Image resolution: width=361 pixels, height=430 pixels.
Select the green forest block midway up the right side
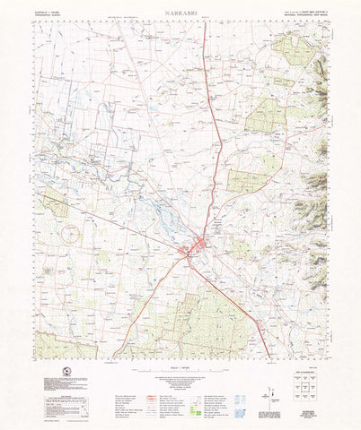pyautogui.click(x=264, y=116)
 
